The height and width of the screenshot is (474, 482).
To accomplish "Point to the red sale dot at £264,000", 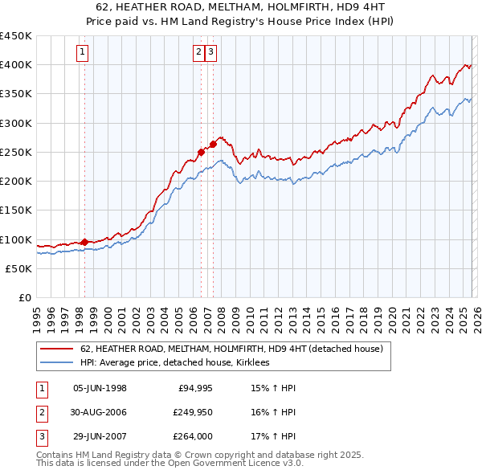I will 213,145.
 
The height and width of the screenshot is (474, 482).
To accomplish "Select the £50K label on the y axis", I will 19,268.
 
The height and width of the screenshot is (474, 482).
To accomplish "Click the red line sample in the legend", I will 55,349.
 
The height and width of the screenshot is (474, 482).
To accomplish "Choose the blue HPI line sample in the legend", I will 55,363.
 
